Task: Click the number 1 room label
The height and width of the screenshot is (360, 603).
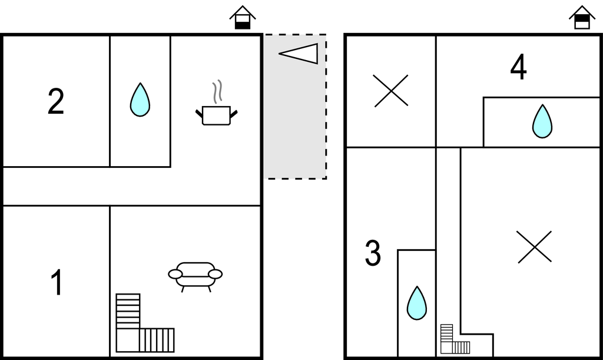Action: click(57, 282)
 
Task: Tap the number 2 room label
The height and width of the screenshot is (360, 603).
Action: click(56, 101)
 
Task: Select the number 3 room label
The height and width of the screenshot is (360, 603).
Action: click(373, 253)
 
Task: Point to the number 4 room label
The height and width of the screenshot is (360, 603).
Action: click(518, 67)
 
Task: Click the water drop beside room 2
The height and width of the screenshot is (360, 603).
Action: click(140, 100)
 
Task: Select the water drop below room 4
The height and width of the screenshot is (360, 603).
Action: click(542, 121)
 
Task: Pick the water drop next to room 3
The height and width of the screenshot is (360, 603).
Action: click(417, 303)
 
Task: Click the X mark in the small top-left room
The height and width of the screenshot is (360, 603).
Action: click(391, 91)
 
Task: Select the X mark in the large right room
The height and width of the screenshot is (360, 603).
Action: click(535, 247)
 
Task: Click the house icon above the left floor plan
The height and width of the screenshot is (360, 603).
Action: click(243, 17)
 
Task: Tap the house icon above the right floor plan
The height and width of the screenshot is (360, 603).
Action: click(582, 17)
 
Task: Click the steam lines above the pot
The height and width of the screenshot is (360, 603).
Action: click(217, 91)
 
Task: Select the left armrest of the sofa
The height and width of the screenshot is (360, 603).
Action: click(175, 274)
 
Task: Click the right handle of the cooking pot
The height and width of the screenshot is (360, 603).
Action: click(234, 114)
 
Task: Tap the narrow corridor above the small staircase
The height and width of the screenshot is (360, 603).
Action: click(448, 235)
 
